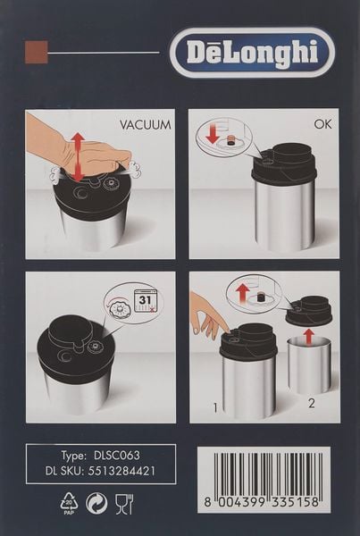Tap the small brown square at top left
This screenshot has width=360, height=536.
point(36,51)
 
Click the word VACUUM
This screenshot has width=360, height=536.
point(145,125)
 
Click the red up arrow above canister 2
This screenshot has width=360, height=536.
point(308,337)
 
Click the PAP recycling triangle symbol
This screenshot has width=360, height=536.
point(69,506)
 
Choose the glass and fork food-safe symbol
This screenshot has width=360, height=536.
point(124,506)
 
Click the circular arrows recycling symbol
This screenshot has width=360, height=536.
point(96,506)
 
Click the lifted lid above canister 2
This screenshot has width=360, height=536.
point(308,310)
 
